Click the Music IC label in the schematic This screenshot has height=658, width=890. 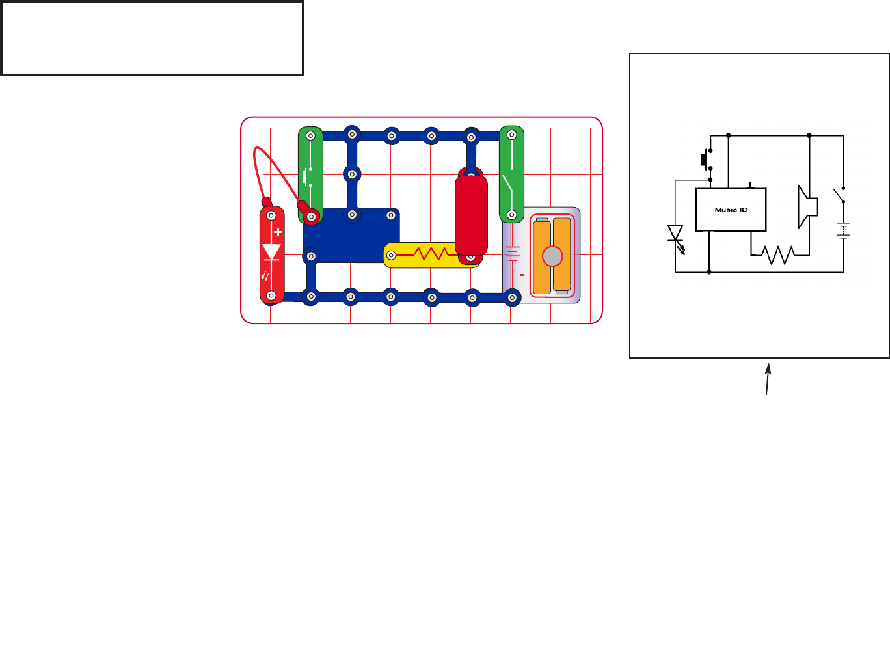(x=731, y=210)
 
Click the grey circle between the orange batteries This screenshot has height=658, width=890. (x=552, y=256)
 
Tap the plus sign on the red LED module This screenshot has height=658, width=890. (x=278, y=232)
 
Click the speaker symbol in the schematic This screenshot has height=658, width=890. (x=807, y=207)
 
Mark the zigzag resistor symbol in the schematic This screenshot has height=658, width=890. (x=779, y=254)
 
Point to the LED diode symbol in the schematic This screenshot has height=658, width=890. (x=675, y=234)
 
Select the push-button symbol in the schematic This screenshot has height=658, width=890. (x=705, y=159)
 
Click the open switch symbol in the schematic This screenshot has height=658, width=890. (x=841, y=195)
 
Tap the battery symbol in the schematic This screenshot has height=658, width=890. (x=844, y=230)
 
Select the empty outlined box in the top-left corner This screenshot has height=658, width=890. (x=152, y=38)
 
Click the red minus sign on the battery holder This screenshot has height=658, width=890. (x=522, y=275)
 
